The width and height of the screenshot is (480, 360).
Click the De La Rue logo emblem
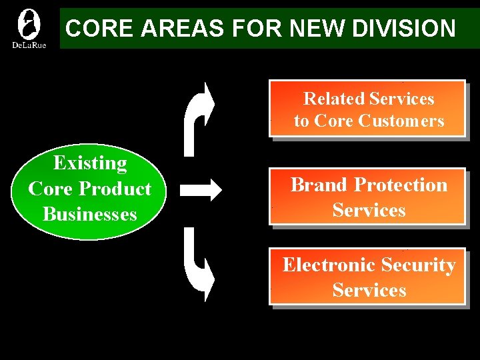click(29, 24)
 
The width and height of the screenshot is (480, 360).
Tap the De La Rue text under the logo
click(29, 45)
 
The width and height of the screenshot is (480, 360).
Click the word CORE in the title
click(92, 29)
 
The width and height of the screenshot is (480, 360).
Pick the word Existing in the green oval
click(90, 163)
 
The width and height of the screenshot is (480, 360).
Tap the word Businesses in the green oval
click(90, 214)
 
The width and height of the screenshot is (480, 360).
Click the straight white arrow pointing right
click(201, 190)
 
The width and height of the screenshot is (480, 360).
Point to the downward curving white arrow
click(198, 265)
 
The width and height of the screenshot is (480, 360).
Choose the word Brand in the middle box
click(319, 185)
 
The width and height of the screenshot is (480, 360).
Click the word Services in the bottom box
click(369, 290)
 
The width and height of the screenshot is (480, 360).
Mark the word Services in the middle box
click(369, 210)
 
